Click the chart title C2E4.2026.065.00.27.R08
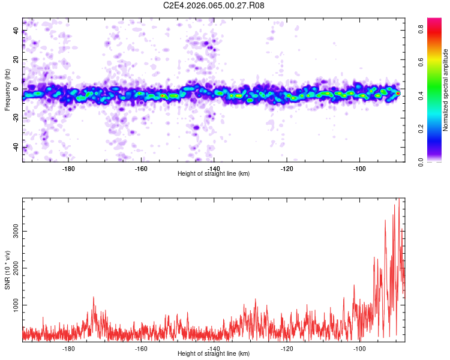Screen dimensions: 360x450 pos(214,6)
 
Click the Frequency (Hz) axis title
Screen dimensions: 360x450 pos(7,90)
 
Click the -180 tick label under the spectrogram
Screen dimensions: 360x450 pos(68,168)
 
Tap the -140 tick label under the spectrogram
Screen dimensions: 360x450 pos(214,168)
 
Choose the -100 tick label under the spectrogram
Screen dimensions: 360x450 pos(359,168)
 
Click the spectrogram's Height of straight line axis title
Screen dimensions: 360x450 pos(214,174)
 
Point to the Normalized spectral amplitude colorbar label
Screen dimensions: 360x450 pos(446,90)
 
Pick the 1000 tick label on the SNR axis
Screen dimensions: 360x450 pos(14,305)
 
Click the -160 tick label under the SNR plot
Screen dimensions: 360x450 pos(141,348)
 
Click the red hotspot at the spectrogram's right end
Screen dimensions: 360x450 pos(398,94)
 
